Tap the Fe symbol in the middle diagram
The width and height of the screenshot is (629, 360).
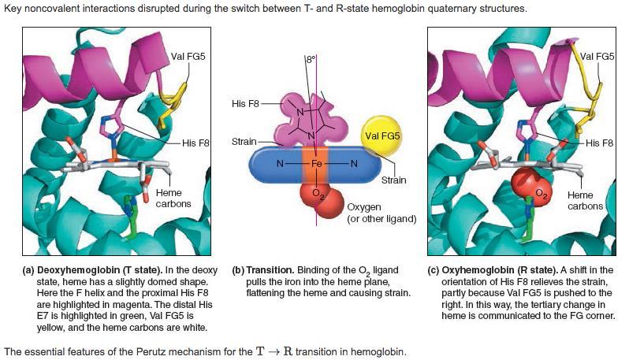coord(317,164)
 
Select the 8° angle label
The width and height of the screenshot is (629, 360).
coord(311,60)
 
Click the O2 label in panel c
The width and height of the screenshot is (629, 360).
coord(542,195)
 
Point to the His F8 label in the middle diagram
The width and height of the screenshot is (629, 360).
coord(245,104)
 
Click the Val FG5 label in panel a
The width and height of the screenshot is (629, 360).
coord(188,57)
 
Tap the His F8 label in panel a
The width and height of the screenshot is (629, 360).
coord(195,143)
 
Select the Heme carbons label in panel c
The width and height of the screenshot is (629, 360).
coord(585,200)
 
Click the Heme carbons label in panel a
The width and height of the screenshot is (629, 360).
coord(173,198)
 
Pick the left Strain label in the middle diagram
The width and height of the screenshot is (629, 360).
coord(244,142)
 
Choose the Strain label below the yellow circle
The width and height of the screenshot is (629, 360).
coord(393,180)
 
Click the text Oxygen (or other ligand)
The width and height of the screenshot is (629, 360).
coord(381,213)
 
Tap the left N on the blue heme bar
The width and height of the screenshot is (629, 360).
coord(280,164)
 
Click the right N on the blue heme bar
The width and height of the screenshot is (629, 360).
coord(354,164)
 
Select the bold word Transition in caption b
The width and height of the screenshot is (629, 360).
coord(270,270)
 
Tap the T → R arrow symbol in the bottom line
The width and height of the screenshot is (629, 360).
coord(275,352)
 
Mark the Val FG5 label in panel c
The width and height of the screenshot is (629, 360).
coord(597,57)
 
